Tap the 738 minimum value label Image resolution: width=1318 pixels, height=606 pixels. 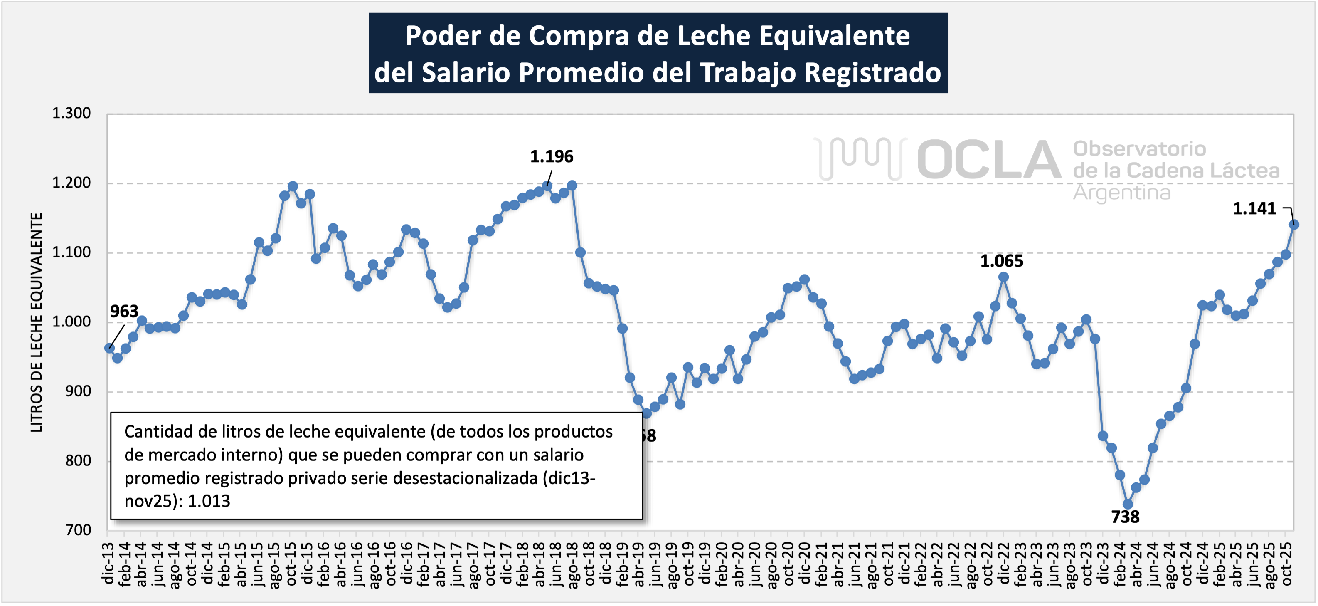1125,517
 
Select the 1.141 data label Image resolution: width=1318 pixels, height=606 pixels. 1254,209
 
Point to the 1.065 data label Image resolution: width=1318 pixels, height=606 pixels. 1001,262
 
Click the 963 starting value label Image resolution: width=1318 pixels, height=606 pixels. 124,311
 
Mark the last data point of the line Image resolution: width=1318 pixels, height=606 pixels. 1293,224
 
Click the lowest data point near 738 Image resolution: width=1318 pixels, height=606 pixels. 1128,504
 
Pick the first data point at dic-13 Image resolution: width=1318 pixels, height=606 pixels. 109,348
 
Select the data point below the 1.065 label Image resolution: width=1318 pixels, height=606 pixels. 1003,277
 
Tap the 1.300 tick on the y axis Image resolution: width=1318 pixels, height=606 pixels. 71,113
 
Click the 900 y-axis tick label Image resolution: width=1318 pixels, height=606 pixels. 78,391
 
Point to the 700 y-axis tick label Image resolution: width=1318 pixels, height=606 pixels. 78,530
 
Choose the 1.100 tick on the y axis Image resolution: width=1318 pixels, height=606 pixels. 71,252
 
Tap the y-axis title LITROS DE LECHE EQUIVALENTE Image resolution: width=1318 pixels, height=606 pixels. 36,322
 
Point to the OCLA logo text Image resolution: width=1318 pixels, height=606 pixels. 988,160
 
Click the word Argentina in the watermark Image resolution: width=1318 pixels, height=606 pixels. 1121,193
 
